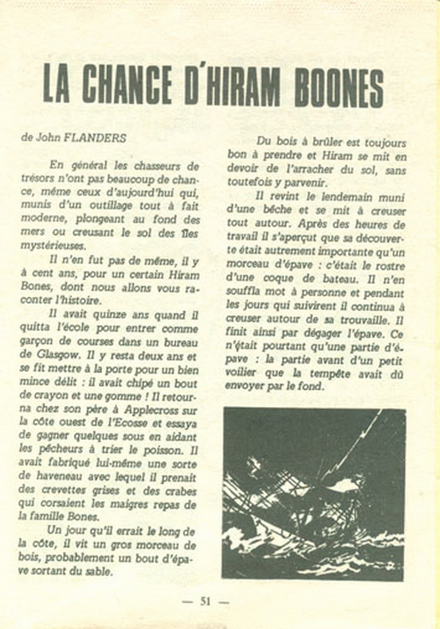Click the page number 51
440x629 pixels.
206,601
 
